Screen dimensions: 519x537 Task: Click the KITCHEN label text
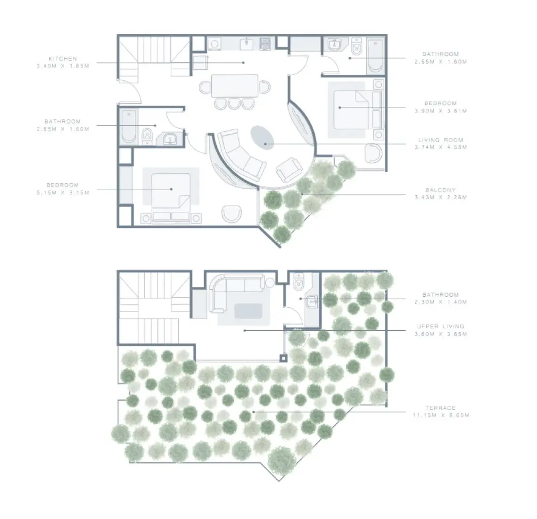coord(63,59)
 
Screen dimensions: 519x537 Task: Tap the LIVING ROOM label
coord(440,140)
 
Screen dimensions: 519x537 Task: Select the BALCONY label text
coord(440,190)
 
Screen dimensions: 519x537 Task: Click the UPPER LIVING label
coord(440,326)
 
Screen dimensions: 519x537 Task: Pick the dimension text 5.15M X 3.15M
coord(62,193)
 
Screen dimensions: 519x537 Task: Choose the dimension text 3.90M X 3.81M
coord(440,111)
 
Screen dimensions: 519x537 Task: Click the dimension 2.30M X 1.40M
coord(440,302)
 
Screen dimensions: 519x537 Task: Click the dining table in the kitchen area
coord(235,86)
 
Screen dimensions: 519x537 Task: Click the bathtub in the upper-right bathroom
coord(376,55)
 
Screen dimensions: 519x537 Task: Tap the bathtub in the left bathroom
coord(128,126)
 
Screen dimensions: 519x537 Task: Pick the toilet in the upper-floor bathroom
coord(298,284)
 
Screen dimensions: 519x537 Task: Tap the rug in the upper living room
coord(248,311)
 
